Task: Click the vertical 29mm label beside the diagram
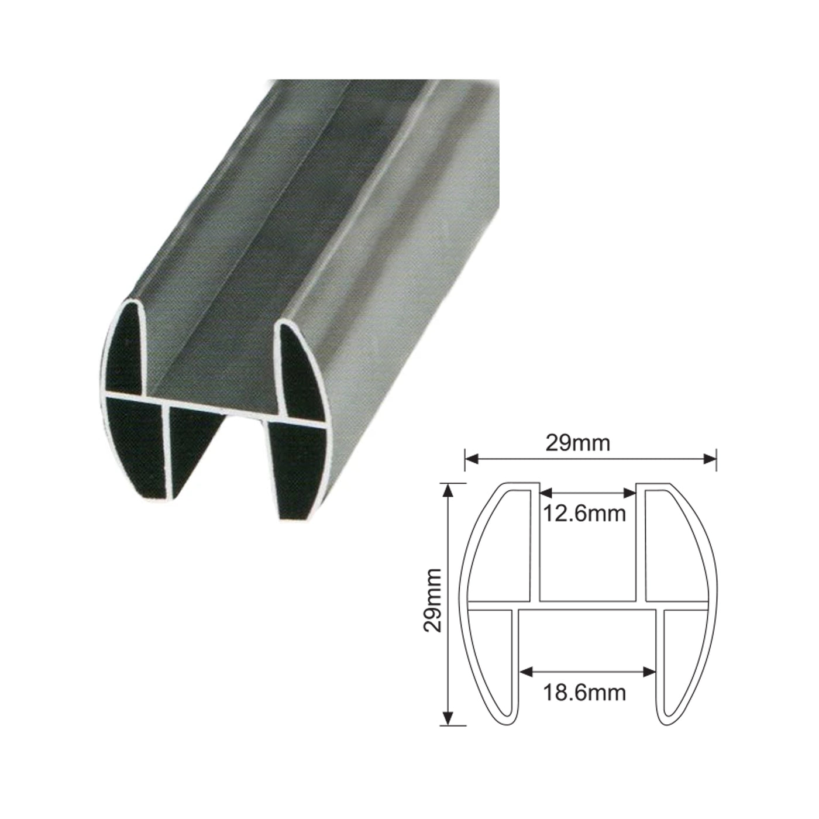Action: [433, 600]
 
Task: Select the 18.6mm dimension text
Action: [584, 693]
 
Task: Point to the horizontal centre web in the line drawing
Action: [588, 606]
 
